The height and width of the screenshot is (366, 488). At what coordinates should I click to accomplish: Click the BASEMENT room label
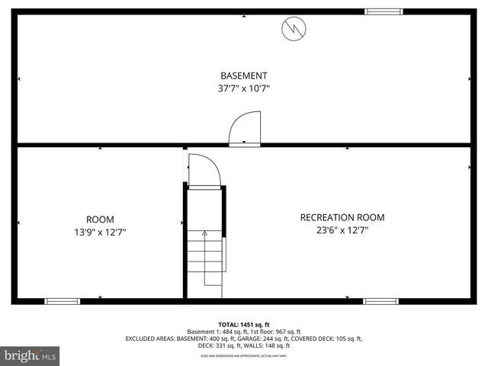[243, 75]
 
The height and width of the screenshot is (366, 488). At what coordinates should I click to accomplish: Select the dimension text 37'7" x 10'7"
[243, 88]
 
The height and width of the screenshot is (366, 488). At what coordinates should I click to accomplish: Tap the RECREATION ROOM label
[342, 217]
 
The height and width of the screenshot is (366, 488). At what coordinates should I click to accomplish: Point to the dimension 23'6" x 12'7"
[342, 230]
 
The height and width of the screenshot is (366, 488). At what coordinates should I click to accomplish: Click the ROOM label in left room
[100, 220]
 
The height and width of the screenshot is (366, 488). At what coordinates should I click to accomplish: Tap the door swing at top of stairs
[204, 170]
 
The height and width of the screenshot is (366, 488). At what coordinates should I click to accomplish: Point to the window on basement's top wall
[384, 11]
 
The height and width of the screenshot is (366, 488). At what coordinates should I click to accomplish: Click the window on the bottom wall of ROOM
[63, 301]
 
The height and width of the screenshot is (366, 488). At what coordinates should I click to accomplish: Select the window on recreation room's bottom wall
[380, 301]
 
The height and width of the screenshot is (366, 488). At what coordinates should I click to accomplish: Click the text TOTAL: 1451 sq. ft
[244, 324]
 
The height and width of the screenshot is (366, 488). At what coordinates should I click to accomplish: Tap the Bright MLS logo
[30, 355]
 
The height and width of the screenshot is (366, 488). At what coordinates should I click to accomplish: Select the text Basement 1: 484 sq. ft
[214, 332]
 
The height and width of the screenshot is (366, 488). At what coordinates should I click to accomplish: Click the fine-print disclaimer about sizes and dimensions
[244, 355]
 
